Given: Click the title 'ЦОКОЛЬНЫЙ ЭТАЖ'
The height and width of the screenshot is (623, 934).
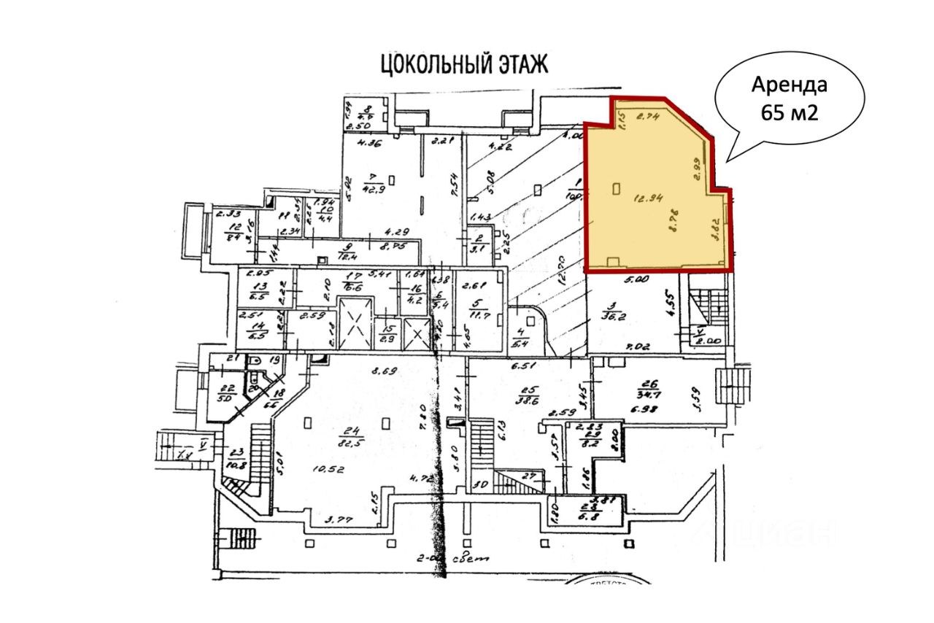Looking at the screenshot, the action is [x=463, y=64].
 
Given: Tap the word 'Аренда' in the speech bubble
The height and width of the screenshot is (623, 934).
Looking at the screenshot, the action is [x=790, y=85].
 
